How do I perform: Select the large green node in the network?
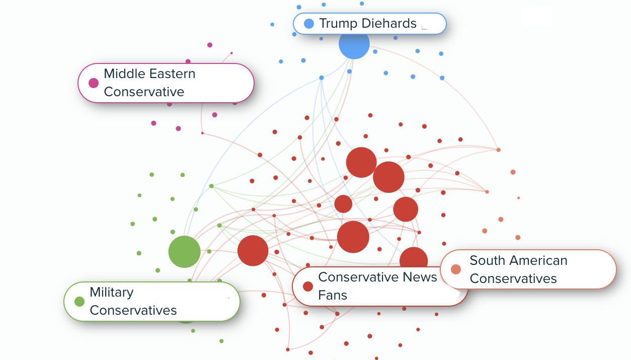click(184, 251)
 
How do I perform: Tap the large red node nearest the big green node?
click(253, 250)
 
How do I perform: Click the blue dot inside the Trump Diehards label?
click(309, 24)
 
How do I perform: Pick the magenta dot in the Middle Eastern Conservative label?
click(94, 83)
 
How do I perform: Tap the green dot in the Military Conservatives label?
click(80, 302)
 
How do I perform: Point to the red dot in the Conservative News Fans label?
click(308, 286)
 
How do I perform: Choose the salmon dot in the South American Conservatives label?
click(456, 269)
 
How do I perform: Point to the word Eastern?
click(172, 74)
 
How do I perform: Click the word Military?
click(111, 293)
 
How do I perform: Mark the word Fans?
click(333, 295)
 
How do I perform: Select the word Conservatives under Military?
click(133, 310)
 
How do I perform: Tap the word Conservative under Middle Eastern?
click(144, 92)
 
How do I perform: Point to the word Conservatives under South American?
click(513, 278)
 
